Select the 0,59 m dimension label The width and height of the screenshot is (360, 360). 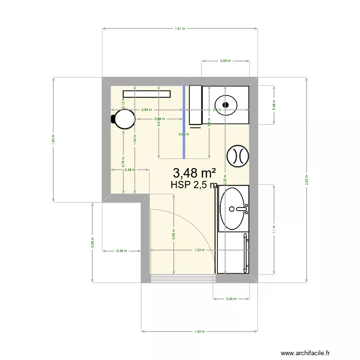click(226, 61)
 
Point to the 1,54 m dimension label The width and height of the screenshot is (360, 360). click(54, 139)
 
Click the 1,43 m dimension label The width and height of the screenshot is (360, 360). click(200, 332)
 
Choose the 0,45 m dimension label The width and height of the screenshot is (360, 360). click(231, 300)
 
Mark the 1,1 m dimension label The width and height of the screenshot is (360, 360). click(274, 229)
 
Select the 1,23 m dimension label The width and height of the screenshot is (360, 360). click(200, 250)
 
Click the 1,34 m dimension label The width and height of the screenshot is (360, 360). click(135, 139)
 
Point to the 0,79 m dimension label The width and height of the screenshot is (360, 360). click(123, 162)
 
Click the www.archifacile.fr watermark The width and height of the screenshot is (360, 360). click(306, 353)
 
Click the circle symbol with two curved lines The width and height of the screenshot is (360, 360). click(237, 156)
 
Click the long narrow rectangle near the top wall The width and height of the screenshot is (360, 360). click(147, 94)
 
